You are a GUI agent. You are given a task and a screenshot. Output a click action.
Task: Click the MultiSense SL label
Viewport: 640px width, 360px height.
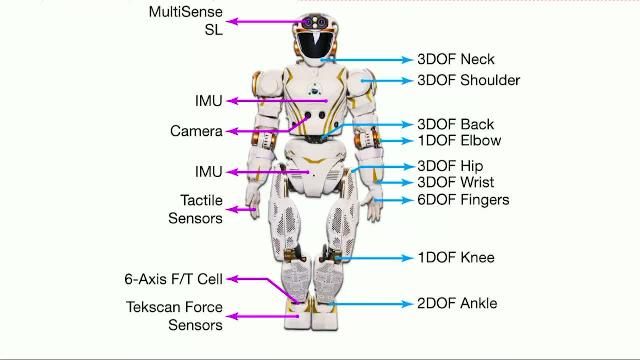coord(186,20)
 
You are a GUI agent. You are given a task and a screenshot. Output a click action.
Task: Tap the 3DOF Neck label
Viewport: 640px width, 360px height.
coord(455,60)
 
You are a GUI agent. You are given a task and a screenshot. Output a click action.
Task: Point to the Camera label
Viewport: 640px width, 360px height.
coord(196,131)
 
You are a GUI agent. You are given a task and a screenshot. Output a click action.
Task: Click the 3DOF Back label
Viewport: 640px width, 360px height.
coord(455,125)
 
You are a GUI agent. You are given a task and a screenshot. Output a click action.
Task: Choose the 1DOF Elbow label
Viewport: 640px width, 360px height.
coord(459,141)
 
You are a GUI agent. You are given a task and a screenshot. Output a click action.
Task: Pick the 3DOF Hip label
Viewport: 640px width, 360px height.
coord(450,166)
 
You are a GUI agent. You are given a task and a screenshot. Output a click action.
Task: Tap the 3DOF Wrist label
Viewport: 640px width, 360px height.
coord(455,183)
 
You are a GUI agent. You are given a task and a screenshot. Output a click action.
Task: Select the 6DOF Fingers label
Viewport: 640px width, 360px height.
coord(463,200)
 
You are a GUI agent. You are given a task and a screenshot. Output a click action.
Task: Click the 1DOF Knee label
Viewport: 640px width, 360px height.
coord(456,258)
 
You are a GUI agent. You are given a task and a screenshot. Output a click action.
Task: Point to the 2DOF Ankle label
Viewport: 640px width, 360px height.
coord(457,303)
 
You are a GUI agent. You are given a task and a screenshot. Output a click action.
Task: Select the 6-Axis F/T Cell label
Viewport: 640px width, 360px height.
coord(173,279)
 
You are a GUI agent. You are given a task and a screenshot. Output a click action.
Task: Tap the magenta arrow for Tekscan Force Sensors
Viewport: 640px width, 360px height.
coord(260,316)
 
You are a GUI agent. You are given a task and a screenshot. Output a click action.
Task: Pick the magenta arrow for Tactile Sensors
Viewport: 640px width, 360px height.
coord(244,209)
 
